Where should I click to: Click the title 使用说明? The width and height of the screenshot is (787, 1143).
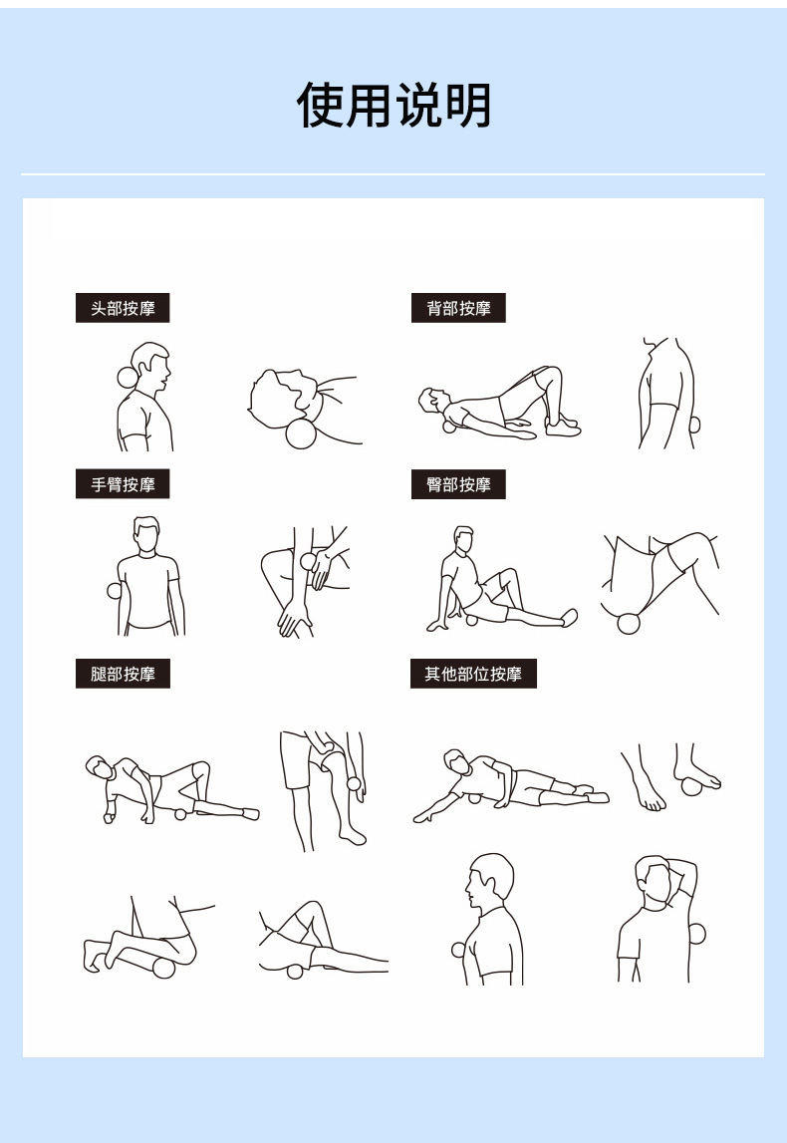[x=393, y=106]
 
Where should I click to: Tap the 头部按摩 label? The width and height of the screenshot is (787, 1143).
[x=123, y=308]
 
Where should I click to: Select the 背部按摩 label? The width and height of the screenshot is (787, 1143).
[x=458, y=308]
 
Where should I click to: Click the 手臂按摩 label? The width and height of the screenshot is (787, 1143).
[x=123, y=484]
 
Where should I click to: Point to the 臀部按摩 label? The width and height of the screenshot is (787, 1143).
[x=458, y=484]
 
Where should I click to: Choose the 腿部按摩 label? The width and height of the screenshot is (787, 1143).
[x=123, y=674]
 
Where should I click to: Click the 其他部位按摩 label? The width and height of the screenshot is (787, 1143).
[x=473, y=674]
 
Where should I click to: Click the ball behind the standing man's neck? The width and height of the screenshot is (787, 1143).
[x=125, y=377]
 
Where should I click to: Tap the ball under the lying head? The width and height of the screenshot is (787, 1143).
[x=300, y=434]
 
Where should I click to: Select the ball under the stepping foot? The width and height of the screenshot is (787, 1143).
[x=691, y=787]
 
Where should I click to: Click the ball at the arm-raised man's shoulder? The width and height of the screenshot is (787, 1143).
[x=696, y=934]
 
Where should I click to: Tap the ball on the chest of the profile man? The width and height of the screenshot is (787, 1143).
[x=458, y=949]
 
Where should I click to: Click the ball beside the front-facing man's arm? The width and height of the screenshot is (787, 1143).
[x=114, y=591]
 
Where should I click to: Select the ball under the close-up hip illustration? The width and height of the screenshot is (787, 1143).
[x=629, y=624]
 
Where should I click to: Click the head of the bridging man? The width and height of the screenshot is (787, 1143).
[x=429, y=401]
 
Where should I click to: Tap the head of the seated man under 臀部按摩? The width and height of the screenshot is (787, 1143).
[x=463, y=538]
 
